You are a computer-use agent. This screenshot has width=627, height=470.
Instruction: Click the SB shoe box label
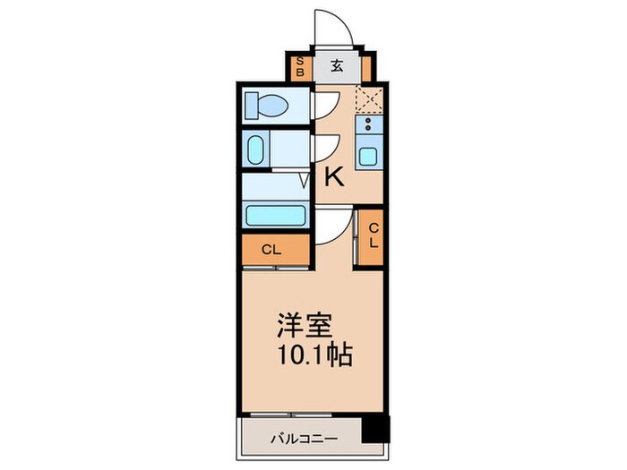click(301, 66)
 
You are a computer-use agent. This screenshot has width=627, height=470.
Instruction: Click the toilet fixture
click(266, 107)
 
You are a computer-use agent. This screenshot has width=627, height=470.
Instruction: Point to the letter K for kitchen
click(333, 177)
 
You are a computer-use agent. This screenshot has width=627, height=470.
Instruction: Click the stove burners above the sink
click(368, 126)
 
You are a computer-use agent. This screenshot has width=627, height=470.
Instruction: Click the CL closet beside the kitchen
click(372, 236)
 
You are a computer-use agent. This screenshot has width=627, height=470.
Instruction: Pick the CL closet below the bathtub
click(274, 251)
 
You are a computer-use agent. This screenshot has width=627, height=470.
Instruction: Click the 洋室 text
click(302, 325)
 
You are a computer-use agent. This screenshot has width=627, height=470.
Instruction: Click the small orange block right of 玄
click(367, 65)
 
